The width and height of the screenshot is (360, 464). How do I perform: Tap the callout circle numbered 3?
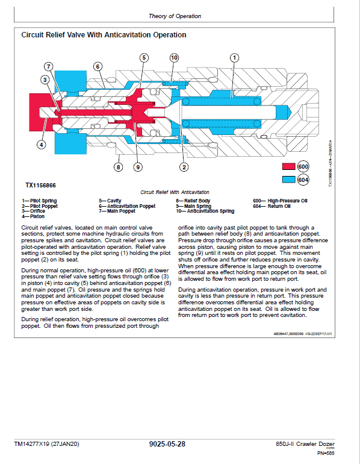click(45, 80)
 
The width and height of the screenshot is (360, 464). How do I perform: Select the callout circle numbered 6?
click(97, 66)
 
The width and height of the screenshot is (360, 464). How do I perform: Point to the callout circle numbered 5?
click(144, 58)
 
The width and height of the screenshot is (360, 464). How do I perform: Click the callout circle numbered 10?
click(174, 58)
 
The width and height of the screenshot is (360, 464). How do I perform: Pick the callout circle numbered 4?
click(41, 144)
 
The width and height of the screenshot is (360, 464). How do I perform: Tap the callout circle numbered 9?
click(138, 167)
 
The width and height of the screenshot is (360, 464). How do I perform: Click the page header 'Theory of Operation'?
click(175, 16)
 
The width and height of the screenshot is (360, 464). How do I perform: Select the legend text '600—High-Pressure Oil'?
click(280, 200)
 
